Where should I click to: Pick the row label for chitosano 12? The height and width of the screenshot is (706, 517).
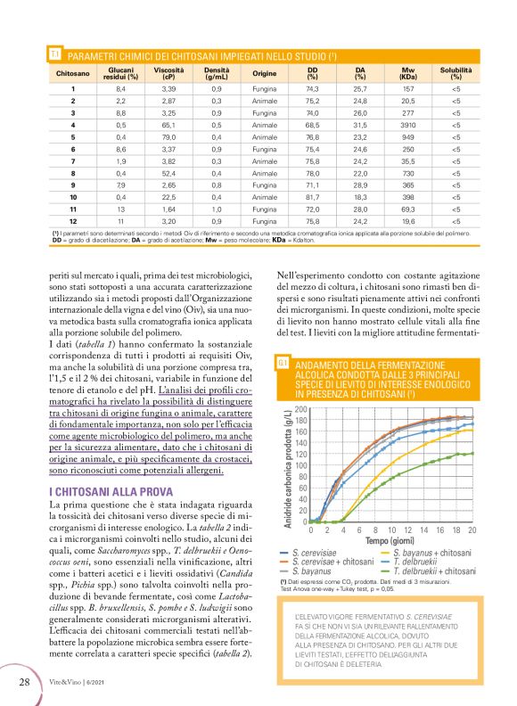click(x=73, y=219)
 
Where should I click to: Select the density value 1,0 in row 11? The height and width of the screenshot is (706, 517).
click(x=217, y=207)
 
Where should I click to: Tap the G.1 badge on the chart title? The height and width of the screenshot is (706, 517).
click(x=282, y=364)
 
